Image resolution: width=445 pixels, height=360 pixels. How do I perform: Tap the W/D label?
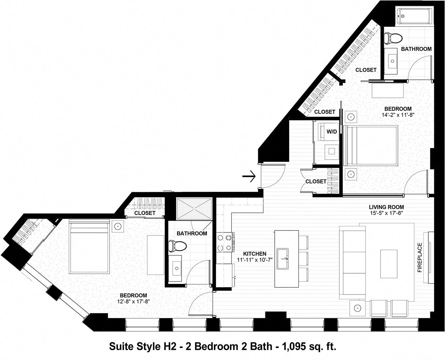tap(331, 132)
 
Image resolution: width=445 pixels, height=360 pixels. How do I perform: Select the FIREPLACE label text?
tap(420, 257)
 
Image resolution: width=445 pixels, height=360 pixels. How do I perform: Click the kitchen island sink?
tap(282, 259)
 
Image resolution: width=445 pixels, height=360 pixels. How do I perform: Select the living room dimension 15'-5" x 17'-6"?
tap(386, 213)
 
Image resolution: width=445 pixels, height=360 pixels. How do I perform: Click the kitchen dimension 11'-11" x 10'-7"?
tap(255, 260)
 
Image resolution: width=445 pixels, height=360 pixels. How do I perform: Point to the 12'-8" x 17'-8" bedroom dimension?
tap(133, 301)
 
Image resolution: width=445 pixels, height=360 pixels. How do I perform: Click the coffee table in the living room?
tap(388, 264)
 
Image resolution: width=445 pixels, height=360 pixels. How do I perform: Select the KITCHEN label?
tap(255, 254)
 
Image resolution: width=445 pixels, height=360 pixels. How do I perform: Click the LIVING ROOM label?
tap(386, 207)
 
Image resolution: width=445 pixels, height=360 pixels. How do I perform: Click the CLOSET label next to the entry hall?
tap(316, 181)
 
